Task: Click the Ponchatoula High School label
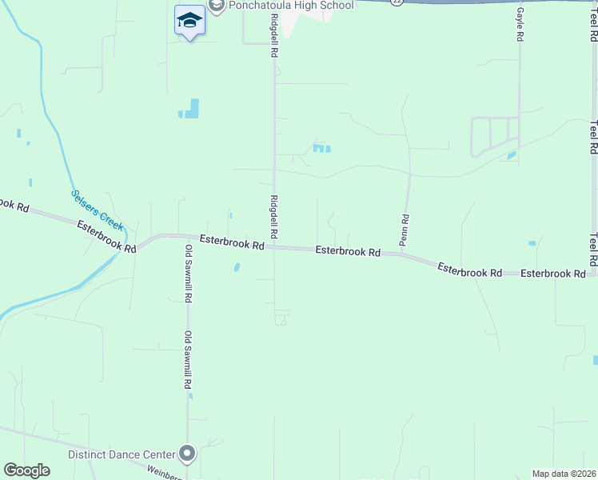(291, 6)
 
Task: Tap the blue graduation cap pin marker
(189, 21)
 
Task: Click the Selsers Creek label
(97, 210)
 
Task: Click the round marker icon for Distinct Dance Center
(188, 454)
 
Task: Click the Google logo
(26, 470)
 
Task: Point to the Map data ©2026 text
(564, 474)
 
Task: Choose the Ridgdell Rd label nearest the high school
(273, 39)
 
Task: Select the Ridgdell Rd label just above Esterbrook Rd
(273, 217)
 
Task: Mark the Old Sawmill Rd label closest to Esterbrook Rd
(189, 273)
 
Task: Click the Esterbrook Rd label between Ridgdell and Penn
(347, 250)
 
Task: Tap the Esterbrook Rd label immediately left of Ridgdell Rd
(232, 242)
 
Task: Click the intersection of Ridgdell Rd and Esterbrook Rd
(274, 246)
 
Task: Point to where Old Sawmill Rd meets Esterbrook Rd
(188, 237)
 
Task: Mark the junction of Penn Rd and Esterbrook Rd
(403, 255)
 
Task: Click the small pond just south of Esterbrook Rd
(237, 267)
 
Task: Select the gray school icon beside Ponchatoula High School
(216, 6)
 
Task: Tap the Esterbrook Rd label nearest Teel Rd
(552, 274)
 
